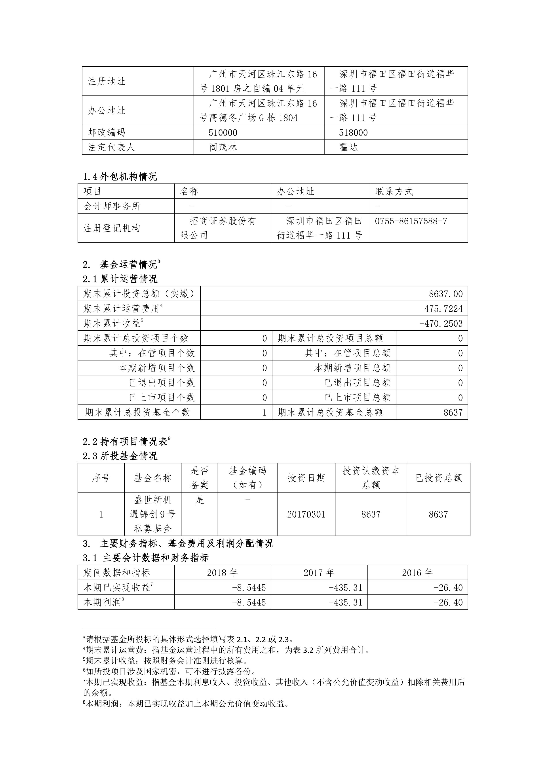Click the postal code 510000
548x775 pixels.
click(x=223, y=133)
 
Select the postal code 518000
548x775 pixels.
click(x=353, y=133)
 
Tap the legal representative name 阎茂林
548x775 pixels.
click(x=223, y=147)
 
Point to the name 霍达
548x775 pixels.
click(x=348, y=147)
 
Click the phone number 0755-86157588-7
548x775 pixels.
click(x=411, y=221)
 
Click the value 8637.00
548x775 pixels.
click(x=446, y=294)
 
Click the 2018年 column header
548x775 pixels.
click(x=222, y=573)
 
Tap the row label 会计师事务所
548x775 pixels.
click(x=112, y=206)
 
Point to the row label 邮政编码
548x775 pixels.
click(x=107, y=133)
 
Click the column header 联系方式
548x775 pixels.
click(x=394, y=191)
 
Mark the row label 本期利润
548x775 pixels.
click(x=102, y=602)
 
